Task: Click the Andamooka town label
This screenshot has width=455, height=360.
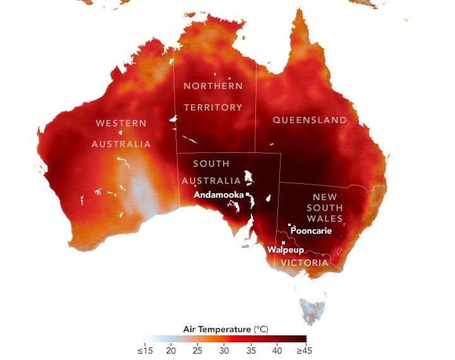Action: (219, 195)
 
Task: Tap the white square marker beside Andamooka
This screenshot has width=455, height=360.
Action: (248, 195)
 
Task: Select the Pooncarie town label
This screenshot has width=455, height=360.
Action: (311, 231)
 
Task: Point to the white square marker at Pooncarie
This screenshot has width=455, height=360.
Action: (289, 225)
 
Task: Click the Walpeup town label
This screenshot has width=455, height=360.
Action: (282, 250)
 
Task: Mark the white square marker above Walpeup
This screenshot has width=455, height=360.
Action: (284, 243)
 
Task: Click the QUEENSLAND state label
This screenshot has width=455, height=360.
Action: (310, 120)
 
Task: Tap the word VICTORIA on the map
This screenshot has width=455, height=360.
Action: (305, 263)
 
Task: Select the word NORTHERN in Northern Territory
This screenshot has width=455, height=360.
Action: (213, 85)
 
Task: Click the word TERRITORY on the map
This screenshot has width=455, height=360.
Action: (213, 107)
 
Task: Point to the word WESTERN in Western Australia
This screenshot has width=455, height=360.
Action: (121, 123)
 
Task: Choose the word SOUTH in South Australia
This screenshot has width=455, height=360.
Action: (211, 164)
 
